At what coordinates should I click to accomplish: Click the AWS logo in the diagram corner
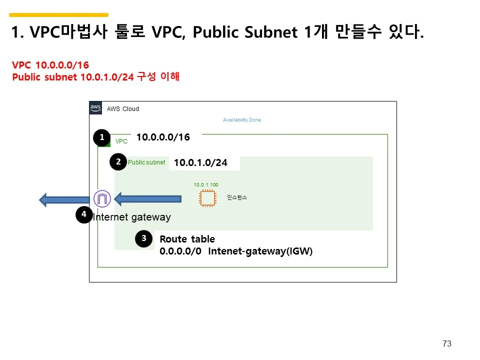tap(95, 108)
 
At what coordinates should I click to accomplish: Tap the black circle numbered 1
tap(102, 137)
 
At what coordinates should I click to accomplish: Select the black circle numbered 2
tap(118, 162)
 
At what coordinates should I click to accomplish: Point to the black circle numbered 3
tap(143, 239)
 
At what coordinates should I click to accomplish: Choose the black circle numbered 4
tap(83, 215)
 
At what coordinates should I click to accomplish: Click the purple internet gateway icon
tap(102, 199)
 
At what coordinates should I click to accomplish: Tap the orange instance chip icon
tap(206, 198)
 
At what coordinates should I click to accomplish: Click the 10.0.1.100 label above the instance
tap(206, 185)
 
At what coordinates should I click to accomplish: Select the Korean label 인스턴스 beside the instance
tap(237, 198)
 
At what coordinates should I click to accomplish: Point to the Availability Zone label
tap(242, 120)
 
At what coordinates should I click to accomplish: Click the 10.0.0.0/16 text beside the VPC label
tap(163, 137)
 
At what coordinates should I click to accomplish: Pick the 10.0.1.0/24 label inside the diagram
tap(200, 163)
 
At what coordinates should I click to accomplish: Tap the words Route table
tap(187, 239)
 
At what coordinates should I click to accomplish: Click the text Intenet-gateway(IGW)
tap(260, 251)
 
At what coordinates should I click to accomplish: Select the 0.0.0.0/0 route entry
tap(180, 251)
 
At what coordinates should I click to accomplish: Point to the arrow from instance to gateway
tap(147, 199)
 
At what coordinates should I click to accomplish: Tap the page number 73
tap(447, 343)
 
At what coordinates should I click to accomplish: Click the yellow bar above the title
tap(58, 15)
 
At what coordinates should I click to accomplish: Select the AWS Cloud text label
tap(123, 109)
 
